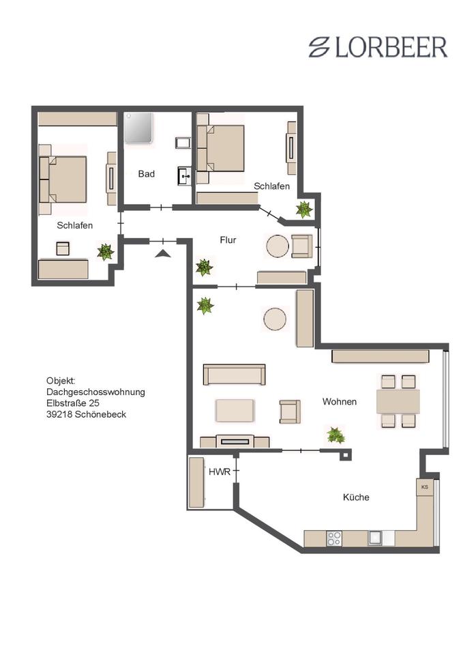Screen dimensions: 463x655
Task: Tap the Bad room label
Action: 147,174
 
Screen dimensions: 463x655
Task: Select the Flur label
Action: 228,240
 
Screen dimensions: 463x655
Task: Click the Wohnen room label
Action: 340,402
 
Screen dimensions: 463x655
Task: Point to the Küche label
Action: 356,497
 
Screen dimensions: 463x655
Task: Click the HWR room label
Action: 218,471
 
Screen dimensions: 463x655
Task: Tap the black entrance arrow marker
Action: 162,254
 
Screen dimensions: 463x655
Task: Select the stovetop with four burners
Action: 334,538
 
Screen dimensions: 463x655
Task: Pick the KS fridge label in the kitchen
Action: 424,487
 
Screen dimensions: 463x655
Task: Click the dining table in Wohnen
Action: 398,402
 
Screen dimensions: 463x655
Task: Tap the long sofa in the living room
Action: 235,375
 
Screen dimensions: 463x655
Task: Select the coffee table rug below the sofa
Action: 235,409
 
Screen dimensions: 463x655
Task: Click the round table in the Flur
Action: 278,246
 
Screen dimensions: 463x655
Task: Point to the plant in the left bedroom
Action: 105,252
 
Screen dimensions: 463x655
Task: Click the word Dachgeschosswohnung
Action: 95,392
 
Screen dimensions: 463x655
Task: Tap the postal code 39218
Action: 61,414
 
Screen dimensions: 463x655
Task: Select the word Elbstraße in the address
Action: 67,403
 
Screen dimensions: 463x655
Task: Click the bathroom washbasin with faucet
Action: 184,177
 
